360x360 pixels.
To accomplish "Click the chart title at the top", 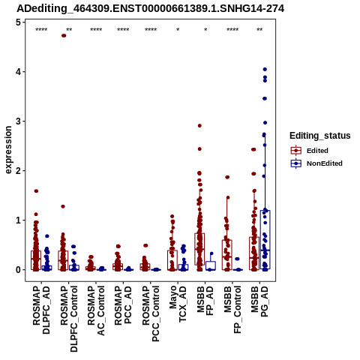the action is click(150, 9).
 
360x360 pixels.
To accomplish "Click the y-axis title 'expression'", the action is click(8, 150).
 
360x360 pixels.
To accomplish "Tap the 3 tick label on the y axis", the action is click(18, 121).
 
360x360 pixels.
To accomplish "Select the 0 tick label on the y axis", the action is click(18, 270).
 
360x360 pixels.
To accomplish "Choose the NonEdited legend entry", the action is click(316, 163).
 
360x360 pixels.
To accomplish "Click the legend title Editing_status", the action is click(320, 136).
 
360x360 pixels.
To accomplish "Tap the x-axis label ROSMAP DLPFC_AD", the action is click(41, 310).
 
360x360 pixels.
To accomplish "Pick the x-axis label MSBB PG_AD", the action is click(259, 301).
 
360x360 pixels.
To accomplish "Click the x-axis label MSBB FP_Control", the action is click(232, 310).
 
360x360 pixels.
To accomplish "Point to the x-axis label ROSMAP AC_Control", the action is click(96, 310).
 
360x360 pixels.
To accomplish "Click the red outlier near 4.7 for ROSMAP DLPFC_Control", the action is click(64, 35).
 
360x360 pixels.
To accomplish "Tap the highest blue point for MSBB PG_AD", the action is click(265, 69).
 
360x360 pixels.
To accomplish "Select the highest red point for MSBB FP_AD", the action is click(199, 126).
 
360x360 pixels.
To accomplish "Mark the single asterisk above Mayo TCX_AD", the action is click(178, 30).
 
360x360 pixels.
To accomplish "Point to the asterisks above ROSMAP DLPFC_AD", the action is click(41, 30).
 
